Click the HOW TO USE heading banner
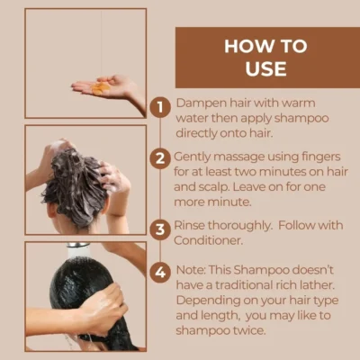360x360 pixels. click(265, 56)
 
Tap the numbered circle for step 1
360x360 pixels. click(160, 107)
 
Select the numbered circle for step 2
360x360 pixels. click(160, 157)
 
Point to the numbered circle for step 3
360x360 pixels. click(160, 227)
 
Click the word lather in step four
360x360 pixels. click(313, 285)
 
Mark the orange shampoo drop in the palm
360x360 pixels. click(101, 88)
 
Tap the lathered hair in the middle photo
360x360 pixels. click(76, 180)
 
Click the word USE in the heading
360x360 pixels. click(265, 69)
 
